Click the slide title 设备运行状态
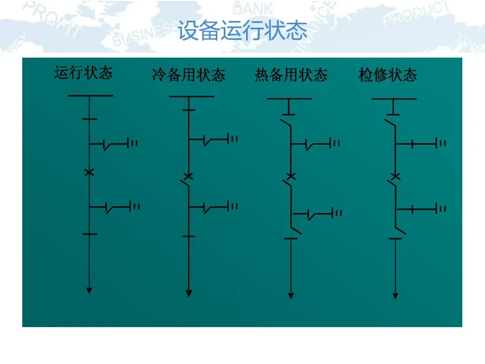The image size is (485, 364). (243, 31)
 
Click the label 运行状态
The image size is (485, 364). (83, 73)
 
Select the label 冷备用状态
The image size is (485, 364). (188, 76)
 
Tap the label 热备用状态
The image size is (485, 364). (291, 76)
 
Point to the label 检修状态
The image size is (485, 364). (388, 76)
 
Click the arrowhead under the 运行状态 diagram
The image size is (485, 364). (89, 290)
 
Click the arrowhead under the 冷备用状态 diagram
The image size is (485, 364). (189, 292)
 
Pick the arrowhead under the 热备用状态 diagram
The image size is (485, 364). (291, 295)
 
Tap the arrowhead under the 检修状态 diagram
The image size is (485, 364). (396, 295)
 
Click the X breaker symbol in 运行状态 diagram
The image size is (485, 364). (89, 172)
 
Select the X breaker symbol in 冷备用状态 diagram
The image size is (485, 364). (189, 176)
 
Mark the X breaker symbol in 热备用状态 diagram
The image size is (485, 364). (291, 176)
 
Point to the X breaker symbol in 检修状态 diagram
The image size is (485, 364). (396, 176)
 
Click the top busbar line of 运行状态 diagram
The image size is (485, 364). (90, 95)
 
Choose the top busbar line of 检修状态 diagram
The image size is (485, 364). (394, 99)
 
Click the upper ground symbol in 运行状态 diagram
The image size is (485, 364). (134, 144)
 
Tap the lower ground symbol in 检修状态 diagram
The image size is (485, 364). (442, 208)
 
